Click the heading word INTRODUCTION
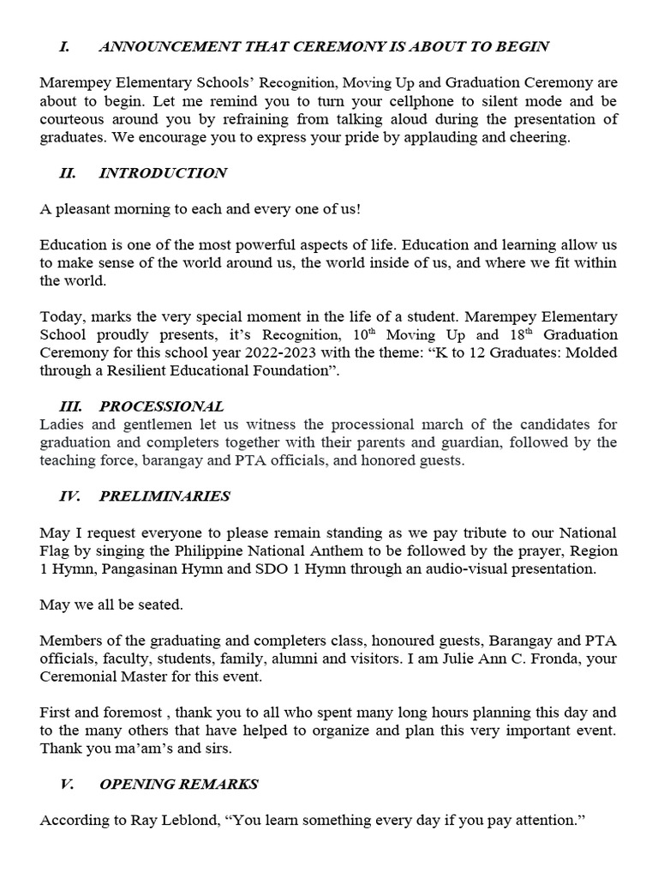pyautogui.click(x=163, y=173)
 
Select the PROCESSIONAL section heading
pyautogui.click(x=161, y=406)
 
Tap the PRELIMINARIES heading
pyautogui.click(x=164, y=496)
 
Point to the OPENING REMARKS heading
pyautogui.click(x=178, y=784)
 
